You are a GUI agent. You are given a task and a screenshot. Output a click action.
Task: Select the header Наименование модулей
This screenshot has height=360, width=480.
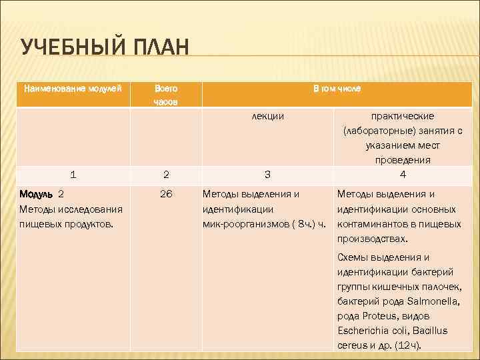pyautogui.click(x=73, y=88)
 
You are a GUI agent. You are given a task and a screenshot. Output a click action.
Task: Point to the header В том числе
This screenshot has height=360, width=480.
pyautogui.click(x=337, y=88)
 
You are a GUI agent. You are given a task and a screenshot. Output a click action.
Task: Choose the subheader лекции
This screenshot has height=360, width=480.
pyautogui.click(x=267, y=116)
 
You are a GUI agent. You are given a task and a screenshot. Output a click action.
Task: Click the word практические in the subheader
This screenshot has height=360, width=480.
pyautogui.click(x=403, y=116)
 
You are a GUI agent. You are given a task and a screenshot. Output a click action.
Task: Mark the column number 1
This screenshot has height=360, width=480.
pyautogui.click(x=73, y=175)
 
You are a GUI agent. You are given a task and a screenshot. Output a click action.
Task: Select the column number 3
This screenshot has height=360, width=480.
pyautogui.click(x=267, y=175)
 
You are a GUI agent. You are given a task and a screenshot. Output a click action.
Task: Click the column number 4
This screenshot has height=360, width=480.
pyautogui.click(x=403, y=175)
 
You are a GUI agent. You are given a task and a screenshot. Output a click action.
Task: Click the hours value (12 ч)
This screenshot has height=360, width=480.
pyautogui.click(x=407, y=345)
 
